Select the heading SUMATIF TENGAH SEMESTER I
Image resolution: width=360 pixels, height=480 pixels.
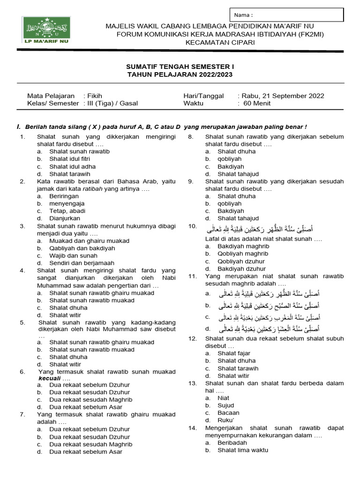tap(180, 67)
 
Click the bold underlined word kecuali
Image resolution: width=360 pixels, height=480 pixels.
tap(49, 378)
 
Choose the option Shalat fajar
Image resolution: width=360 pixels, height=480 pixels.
tap(234, 353)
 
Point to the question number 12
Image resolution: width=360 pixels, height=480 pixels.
tap(192, 338)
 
